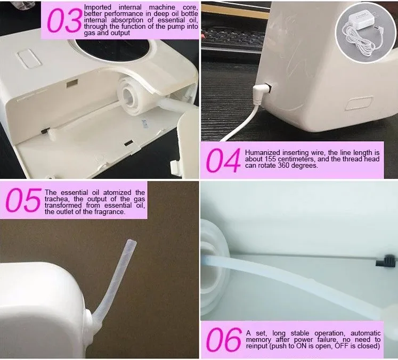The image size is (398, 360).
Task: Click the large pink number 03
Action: coord(64,20)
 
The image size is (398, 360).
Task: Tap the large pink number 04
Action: coord(223,161)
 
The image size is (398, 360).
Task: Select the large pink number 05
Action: coord(23,200)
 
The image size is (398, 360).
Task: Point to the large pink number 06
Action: coord(223,340)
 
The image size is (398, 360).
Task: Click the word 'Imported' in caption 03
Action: coord(98,7)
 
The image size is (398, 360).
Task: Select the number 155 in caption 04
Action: coord(271,159)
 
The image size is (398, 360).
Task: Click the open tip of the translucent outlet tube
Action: coord(132,241)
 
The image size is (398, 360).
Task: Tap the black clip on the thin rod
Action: coord(386,261)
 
